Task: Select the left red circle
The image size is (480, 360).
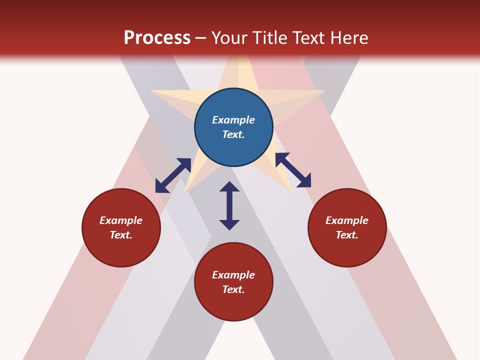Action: coord(121,227)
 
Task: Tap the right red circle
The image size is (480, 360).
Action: coord(347,227)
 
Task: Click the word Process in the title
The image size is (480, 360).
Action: coord(157,38)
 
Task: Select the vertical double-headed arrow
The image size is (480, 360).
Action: coord(229,205)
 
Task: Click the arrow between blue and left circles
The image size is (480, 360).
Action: coord(173,175)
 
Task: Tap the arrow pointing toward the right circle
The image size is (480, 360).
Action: coord(293,170)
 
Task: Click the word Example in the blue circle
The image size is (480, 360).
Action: coord(233,120)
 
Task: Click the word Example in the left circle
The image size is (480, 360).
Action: coord(121,220)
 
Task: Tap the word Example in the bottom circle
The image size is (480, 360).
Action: coord(233,275)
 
